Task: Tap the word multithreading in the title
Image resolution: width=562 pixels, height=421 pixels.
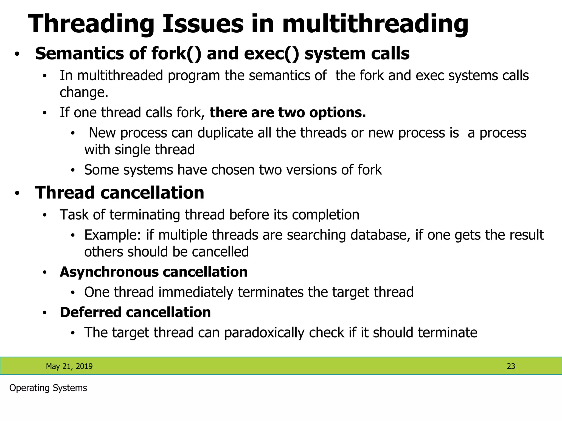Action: (375, 24)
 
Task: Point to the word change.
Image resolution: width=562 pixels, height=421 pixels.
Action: (84, 92)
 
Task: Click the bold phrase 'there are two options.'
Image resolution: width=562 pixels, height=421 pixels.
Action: (288, 113)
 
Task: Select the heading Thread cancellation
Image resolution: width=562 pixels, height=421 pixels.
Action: (120, 193)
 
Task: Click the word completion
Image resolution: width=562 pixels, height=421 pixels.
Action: (325, 215)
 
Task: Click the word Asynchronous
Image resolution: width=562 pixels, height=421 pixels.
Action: (109, 272)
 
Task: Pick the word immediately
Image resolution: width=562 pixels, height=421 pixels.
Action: (196, 292)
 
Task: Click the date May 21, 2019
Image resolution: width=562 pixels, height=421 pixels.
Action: (69, 366)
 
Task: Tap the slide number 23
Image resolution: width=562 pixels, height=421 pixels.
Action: (511, 366)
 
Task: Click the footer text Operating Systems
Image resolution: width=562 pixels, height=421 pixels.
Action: (48, 388)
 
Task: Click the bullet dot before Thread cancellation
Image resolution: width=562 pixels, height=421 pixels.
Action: (17, 193)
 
